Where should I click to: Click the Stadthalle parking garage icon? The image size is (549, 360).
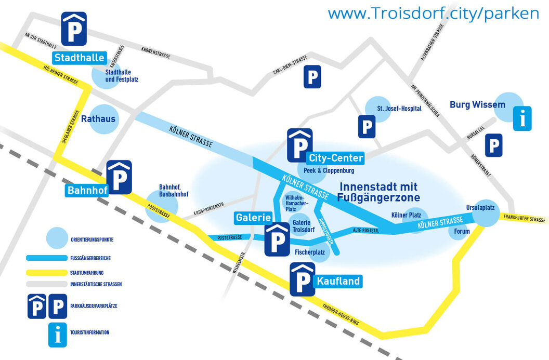(74, 29)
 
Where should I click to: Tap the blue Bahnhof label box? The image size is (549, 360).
(87, 190)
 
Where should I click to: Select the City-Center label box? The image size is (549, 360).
(335, 158)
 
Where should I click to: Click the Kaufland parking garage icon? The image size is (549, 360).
(302, 279)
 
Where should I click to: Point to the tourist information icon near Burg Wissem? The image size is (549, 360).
(522, 118)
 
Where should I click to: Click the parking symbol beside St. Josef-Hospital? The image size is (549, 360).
(367, 126)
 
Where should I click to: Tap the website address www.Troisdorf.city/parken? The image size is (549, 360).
(433, 13)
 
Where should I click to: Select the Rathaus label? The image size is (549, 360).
(98, 119)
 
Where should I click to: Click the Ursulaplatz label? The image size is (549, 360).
(483, 207)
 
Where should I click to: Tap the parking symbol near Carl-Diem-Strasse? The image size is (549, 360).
(312, 77)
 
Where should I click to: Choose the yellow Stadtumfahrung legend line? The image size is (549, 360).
(45, 272)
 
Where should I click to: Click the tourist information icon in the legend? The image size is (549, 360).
(57, 335)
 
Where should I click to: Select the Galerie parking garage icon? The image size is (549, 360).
(277, 239)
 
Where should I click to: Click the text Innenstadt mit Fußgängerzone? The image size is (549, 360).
(378, 192)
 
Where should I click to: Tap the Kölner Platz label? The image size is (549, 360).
(406, 215)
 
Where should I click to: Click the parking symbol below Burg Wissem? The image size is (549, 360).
(494, 145)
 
